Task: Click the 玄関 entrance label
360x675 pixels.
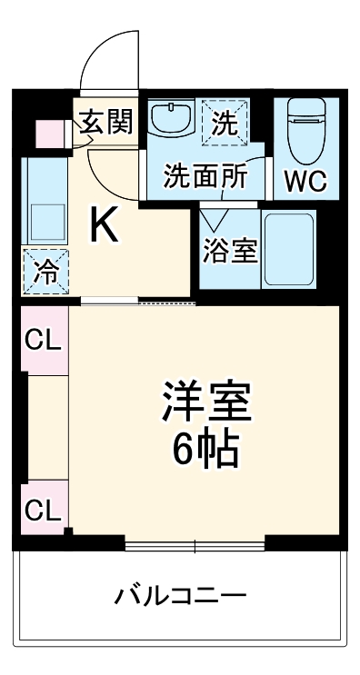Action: [x=105, y=123]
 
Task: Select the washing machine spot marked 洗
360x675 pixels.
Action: [x=225, y=119]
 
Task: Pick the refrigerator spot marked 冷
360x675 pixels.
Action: [x=44, y=270]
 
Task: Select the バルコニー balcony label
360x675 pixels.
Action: [x=180, y=597]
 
